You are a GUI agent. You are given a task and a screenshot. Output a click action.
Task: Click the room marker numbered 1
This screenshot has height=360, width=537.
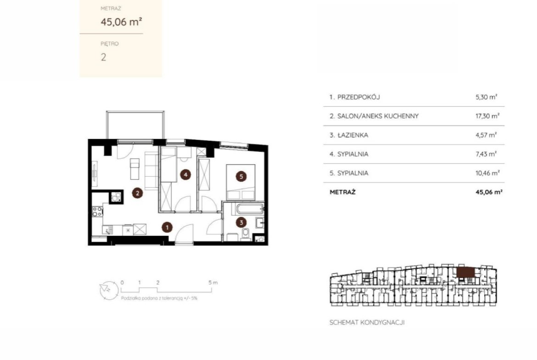pos(167,227)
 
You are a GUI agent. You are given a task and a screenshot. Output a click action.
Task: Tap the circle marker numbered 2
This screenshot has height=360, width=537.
pos(137,193)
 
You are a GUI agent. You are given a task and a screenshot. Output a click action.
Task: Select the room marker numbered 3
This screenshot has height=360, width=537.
pos(241,222)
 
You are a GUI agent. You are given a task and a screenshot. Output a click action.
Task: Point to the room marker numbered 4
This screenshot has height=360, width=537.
pos(185,175)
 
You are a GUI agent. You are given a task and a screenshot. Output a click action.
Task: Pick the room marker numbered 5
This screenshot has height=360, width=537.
pos(241,177)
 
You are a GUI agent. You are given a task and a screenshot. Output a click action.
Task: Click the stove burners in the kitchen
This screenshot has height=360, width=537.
pos(97,211)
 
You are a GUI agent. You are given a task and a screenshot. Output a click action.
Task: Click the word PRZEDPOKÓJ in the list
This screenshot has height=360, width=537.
pos(358,97)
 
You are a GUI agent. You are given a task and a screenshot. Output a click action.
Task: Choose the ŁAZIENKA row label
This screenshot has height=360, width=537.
pos(353,135)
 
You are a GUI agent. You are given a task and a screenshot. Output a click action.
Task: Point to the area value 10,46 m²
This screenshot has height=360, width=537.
pos(487,173)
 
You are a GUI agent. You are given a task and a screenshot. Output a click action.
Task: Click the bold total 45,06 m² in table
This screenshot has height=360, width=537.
pos(489,192)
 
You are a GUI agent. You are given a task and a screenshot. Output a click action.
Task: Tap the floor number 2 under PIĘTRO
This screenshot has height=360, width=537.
pos(103,57)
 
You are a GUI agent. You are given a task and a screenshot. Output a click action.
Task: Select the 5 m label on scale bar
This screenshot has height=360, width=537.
pos(213,282)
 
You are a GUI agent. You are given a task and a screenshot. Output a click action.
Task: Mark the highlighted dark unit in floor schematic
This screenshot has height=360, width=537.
pos(466,272)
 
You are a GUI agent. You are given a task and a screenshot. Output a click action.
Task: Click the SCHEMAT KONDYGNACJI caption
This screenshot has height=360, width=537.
pos(367,322)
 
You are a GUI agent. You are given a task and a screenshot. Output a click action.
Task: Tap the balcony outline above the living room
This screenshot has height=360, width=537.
pos(135,125)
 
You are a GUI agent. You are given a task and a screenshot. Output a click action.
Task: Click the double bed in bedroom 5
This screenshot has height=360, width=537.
pos(241,183)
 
